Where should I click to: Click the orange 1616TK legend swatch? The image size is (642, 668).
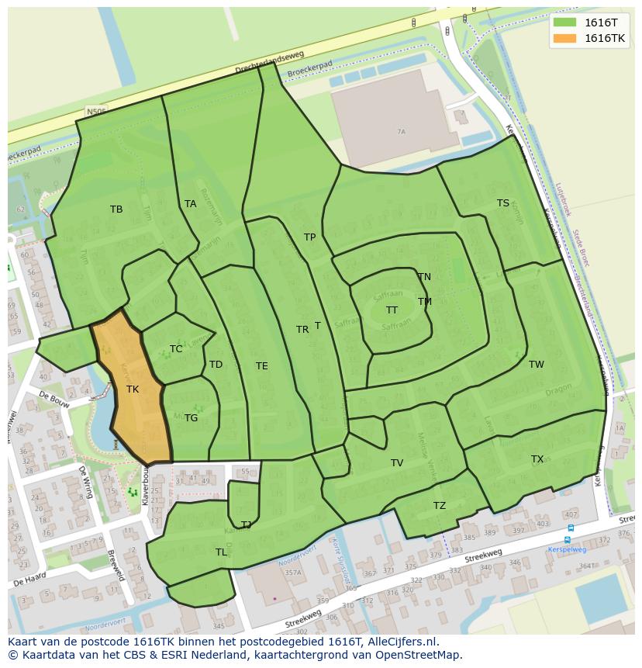565,38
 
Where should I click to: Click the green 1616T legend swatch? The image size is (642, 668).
565,22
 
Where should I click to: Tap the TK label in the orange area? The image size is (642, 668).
133,389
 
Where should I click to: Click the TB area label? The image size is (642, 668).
116,209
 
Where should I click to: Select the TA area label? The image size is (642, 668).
191,204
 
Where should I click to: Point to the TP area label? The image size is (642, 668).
309,237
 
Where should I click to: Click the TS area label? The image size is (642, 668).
503,202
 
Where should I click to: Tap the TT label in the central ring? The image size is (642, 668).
392,310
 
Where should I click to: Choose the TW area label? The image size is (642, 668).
537,364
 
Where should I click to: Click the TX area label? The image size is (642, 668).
537,459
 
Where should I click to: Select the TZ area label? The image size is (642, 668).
440,505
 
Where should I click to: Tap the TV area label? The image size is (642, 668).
397,462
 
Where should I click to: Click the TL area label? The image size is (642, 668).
221,552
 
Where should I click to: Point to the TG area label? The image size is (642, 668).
191,417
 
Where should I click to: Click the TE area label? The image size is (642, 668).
262,365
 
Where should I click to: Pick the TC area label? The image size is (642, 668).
176,348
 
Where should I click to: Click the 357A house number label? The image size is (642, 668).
292,573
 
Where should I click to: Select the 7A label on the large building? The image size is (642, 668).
401,132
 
